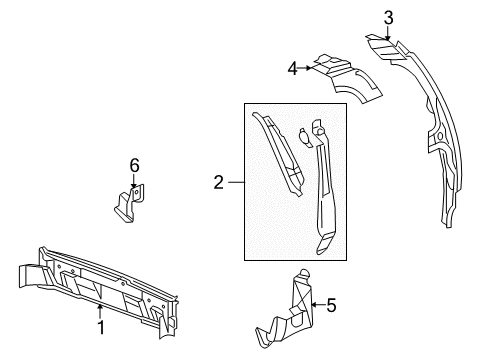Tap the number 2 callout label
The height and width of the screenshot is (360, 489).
tap(217, 182)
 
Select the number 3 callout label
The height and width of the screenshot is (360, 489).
tap(388, 17)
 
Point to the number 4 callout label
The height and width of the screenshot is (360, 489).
tap(293, 68)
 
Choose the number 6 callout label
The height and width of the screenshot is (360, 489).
tap(134, 164)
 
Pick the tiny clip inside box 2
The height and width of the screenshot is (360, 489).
tap(304, 132)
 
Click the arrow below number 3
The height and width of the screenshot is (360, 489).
tap(388, 33)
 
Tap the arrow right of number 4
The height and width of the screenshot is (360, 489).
tap(309, 68)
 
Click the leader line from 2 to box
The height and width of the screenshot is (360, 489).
tap(234, 182)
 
